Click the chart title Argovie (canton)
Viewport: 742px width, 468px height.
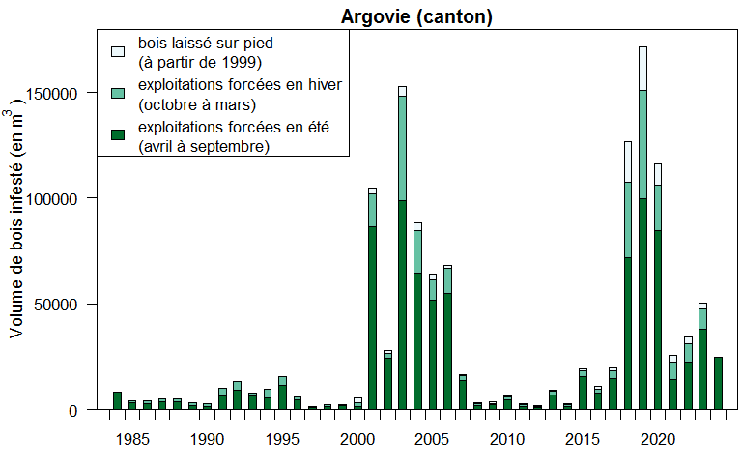coord(416,18)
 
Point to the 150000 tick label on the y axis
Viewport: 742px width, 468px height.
coord(60,93)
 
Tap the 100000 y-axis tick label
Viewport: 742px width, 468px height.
coord(60,198)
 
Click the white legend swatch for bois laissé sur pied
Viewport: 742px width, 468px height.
coord(118,51)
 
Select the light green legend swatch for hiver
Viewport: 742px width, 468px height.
coord(118,94)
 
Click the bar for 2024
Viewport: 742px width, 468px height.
coord(718,383)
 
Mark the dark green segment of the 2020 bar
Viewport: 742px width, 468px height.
coord(658,319)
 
